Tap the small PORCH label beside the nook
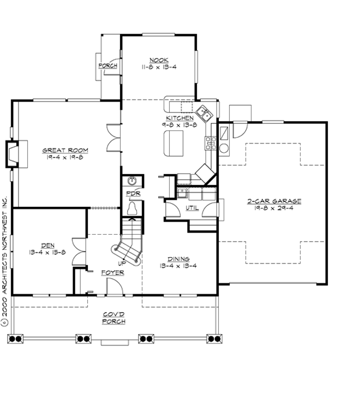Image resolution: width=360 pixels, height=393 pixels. pos(107,66)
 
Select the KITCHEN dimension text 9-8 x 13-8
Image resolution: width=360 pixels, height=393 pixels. pos(178,124)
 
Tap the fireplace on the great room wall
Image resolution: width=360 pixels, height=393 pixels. pos(13,153)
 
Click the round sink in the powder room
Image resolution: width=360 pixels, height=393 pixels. pos(131,181)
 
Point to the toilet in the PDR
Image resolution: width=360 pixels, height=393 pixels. pos(132,208)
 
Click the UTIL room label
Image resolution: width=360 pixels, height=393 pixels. pos(192,208)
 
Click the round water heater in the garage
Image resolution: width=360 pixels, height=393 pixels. pos(224,148)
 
